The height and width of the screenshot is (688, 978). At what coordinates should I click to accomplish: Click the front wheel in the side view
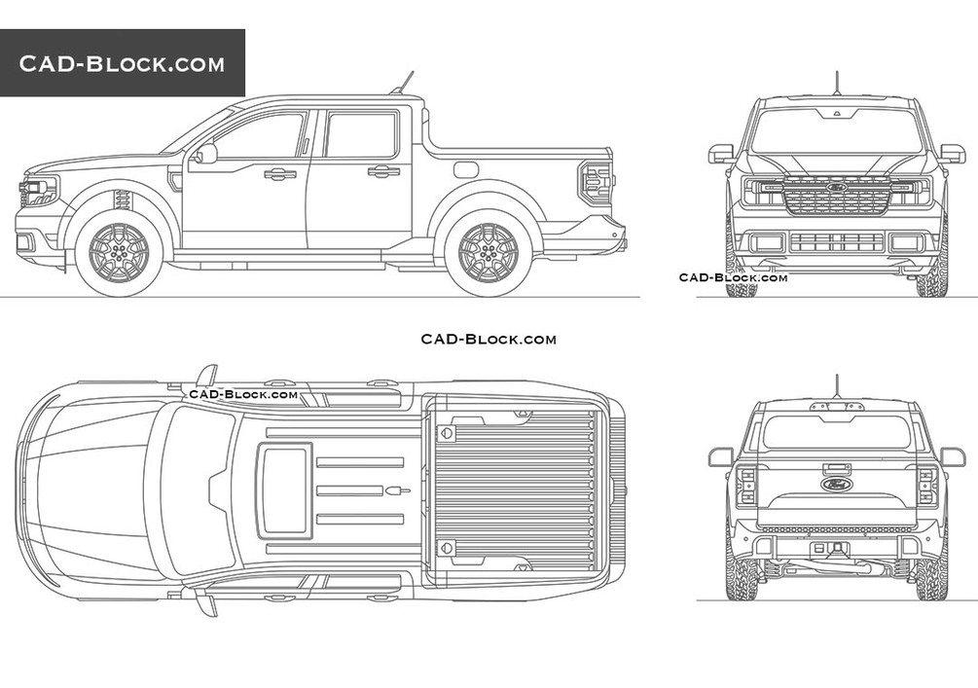119,252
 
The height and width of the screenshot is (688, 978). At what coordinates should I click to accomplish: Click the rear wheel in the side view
488,252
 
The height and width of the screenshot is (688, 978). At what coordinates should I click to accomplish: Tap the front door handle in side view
279,174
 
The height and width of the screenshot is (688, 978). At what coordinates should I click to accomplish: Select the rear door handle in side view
383,171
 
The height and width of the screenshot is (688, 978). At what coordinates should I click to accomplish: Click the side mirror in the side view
205,154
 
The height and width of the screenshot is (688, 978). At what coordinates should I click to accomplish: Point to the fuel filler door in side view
466,169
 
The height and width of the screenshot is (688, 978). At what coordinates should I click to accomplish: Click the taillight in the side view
596,182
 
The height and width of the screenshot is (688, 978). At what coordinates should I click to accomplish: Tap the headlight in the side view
39,192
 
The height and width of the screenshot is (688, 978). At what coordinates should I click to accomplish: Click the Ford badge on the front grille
836,186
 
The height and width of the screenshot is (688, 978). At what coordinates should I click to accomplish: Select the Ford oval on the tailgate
836,484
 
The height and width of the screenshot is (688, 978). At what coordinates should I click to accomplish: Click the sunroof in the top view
285,489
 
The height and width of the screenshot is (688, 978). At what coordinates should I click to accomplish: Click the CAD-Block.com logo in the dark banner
122,64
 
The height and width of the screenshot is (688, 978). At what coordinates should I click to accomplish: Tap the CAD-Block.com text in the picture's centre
489,339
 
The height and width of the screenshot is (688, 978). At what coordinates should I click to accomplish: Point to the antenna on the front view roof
836,83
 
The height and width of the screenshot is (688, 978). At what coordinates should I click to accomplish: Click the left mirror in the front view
721,153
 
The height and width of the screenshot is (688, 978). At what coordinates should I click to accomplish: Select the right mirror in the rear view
953,455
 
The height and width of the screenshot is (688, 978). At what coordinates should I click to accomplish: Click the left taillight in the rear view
746,484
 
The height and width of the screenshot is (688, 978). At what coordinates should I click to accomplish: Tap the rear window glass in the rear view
836,431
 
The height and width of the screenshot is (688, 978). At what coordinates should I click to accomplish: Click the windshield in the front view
836,131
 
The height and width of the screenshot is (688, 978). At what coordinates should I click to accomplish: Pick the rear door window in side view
360,134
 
